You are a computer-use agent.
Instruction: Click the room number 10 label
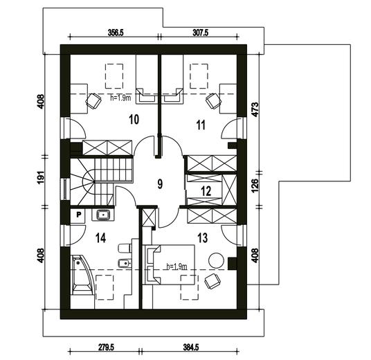[x=134, y=120]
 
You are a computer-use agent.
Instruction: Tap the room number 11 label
[x=201, y=125]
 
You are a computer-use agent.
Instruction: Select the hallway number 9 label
[x=160, y=184]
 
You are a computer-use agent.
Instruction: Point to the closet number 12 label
[x=206, y=191]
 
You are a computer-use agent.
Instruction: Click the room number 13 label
[x=203, y=238]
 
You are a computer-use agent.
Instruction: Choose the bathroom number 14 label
[x=101, y=238]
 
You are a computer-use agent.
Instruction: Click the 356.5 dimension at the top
[x=116, y=33]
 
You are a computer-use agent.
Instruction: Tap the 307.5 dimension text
[x=201, y=33]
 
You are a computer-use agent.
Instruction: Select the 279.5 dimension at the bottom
[x=106, y=348]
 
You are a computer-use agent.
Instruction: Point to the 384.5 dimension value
[x=191, y=348]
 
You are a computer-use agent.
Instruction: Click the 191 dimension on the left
[x=41, y=177]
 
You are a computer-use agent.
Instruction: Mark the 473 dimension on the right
[x=255, y=109]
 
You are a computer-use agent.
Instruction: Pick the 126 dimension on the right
[x=255, y=186]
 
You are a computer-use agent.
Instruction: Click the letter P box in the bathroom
[x=78, y=215]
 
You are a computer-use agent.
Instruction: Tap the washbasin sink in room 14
[x=103, y=215]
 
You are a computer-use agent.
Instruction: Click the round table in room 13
[x=216, y=260]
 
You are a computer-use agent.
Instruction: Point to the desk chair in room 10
[x=93, y=101]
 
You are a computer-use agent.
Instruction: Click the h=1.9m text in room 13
[x=177, y=267]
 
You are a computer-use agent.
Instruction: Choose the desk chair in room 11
[x=213, y=101]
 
